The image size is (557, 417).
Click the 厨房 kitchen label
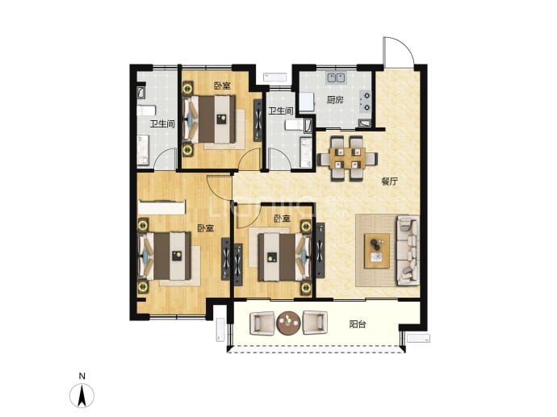coord(335,100)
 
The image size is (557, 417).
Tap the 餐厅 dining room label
coord(390,182)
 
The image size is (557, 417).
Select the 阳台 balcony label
coord(358,324)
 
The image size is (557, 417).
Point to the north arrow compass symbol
coord(82,395)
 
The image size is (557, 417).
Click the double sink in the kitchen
coord(336,77)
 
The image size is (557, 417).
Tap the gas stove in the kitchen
coord(365,101)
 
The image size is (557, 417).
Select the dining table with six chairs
coord(347,158)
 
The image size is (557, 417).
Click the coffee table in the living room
coord(377,251)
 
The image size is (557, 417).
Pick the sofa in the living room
coord(408,250)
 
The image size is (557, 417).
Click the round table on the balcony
coord(289,323)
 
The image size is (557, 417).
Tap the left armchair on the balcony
coord(262,323)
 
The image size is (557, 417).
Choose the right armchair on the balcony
coord(315,323)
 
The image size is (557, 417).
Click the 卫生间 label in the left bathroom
coord(162,124)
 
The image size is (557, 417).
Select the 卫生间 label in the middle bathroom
coord(281,111)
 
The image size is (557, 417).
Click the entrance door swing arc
coord(406,45)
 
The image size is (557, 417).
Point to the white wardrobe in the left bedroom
coord(161,207)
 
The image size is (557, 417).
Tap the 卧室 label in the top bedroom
coord(222,85)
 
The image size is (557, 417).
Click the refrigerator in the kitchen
coord(308,102)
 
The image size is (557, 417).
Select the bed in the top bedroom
coord(210,119)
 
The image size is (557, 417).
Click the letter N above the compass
coord(82,376)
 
